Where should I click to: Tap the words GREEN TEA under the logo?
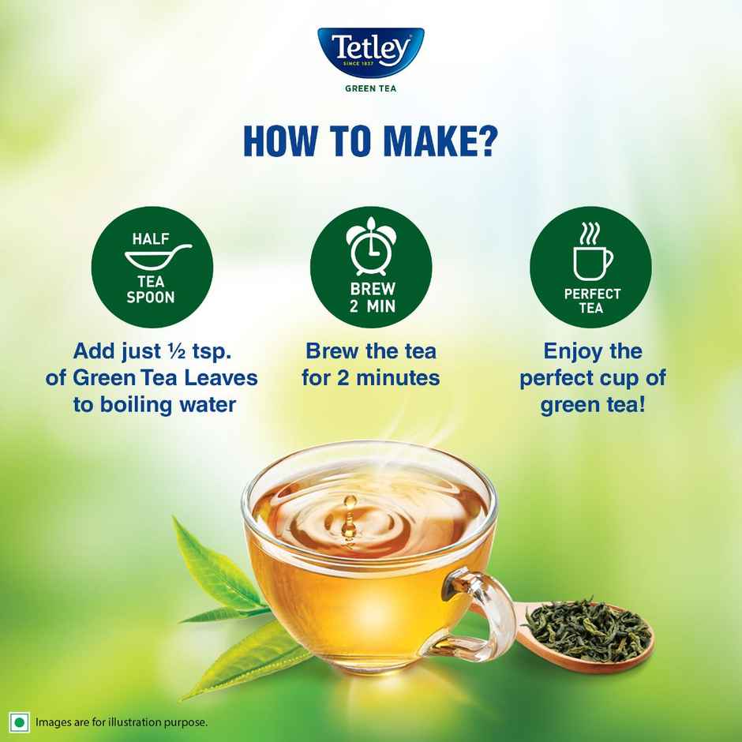point(370,89)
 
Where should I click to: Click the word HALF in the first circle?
point(151,239)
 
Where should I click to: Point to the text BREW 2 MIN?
point(372,298)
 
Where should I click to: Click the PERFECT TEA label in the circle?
point(592,300)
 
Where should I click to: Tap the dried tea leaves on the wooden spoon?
point(588,628)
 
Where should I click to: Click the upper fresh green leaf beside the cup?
point(213,564)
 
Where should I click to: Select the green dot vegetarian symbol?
point(19,722)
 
